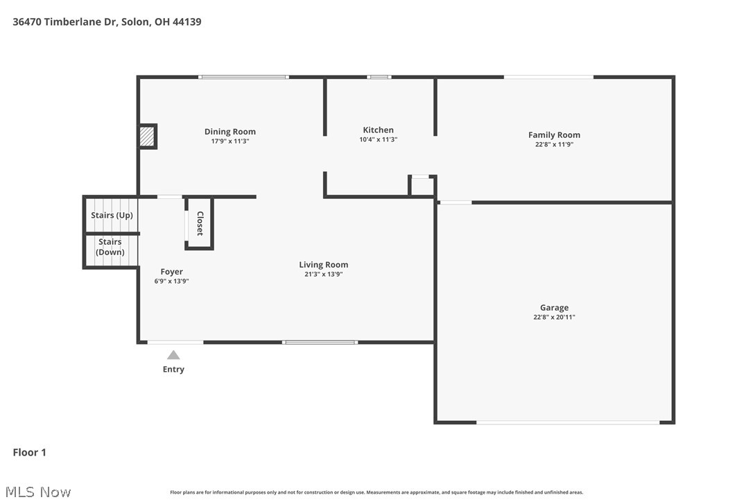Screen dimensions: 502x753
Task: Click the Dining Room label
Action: [230, 132]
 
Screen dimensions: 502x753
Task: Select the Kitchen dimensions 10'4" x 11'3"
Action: [378, 139]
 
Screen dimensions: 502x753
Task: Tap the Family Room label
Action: [554, 135]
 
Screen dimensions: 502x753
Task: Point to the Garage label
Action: [554, 308]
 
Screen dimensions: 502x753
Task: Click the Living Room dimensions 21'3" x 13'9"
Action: [323, 275]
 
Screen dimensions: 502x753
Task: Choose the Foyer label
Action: [171, 272]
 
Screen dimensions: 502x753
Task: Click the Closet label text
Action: [200, 223]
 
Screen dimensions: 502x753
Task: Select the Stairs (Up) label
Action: [112, 215]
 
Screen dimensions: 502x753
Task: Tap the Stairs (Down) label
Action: [110, 247]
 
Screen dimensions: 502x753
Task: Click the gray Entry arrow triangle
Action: [173, 355]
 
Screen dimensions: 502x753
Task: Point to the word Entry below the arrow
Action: [173, 370]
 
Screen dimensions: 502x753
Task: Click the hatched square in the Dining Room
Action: [146, 137]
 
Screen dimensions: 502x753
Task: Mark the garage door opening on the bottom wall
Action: [567, 422]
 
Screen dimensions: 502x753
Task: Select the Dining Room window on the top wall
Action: [243, 77]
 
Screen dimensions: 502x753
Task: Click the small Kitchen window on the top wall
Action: [379, 77]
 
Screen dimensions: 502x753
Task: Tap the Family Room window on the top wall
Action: [548, 77]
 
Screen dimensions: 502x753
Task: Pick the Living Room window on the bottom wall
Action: [320, 342]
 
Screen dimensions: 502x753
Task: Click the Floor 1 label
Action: [29, 453]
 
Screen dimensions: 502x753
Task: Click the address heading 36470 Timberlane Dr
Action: [107, 21]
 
